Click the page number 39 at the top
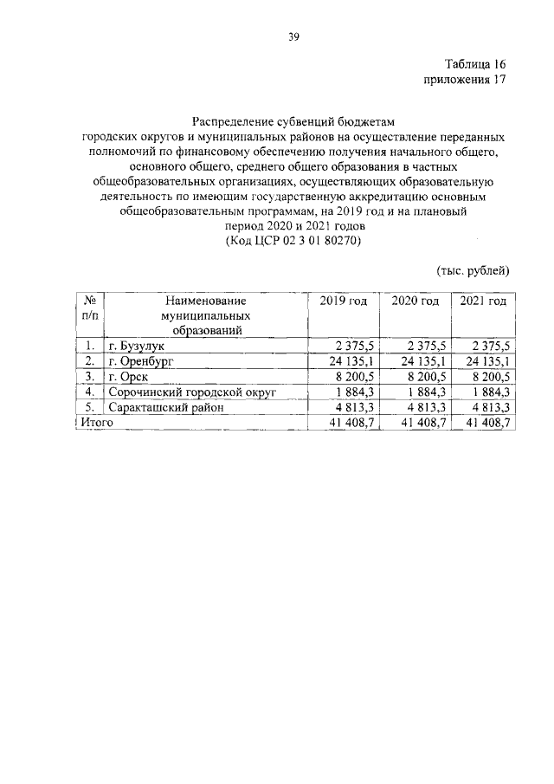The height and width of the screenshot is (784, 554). tap(293, 36)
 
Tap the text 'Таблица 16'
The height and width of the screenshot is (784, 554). tap(474, 65)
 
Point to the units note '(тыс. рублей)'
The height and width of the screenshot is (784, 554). tap(473, 271)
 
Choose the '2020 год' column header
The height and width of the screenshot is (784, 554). tap(415, 301)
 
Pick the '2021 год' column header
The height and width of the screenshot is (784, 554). tap(482, 301)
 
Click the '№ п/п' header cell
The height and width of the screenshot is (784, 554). tap(90, 308)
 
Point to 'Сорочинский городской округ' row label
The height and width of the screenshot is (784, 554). tap(192, 392)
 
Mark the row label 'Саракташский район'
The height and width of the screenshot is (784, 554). tap(165, 407)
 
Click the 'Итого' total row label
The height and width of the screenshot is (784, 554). tap(98, 422)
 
